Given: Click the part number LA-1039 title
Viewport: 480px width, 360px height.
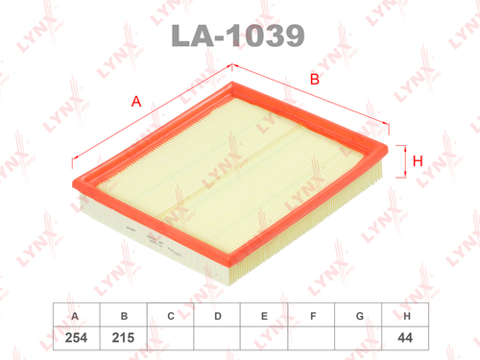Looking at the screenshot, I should click(x=239, y=36).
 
